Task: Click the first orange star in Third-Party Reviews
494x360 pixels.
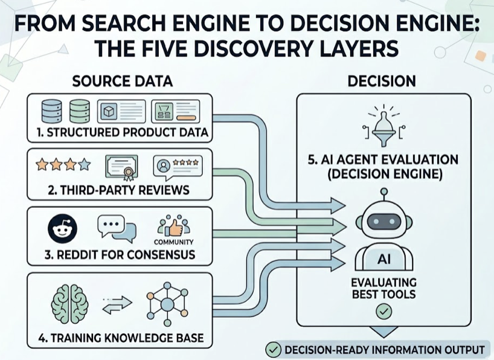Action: pyautogui.click(x=42, y=164)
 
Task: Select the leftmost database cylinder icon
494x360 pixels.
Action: pyautogui.click(x=50, y=111)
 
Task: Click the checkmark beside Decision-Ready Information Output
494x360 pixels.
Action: pyautogui.click(x=274, y=350)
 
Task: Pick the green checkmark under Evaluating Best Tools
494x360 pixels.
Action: pyautogui.click(x=383, y=312)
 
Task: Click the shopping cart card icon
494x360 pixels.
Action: pyautogui.click(x=175, y=111)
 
